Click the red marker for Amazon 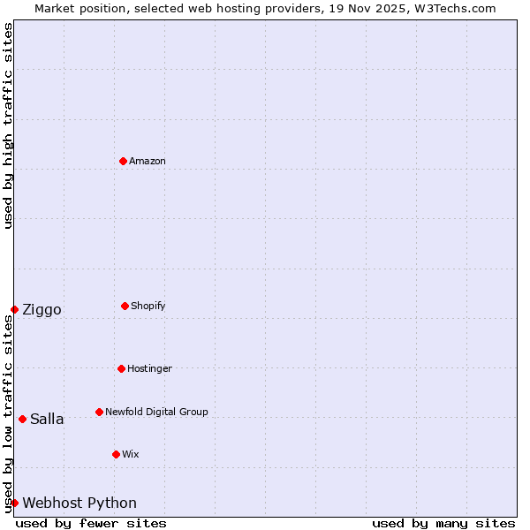(x=123, y=161)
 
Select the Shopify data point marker (x=125, y=306)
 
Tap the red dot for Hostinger (x=121, y=368)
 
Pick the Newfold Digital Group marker (x=99, y=412)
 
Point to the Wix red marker (x=116, y=454)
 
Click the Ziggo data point (x=14, y=309)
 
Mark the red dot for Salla (x=22, y=419)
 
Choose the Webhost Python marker (x=14, y=503)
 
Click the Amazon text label (x=148, y=161)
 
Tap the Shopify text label (x=148, y=306)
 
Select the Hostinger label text (x=149, y=368)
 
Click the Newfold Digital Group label (x=156, y=412)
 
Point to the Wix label (x=131, y=454)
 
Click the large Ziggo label (x=42, y=309)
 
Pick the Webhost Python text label (x=79, y=503)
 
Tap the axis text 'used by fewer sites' (x=91, y=523)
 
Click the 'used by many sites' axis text (x=443, y=523)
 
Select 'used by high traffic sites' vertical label (x=8, y=125)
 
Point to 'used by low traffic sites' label (x=8, y=413)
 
